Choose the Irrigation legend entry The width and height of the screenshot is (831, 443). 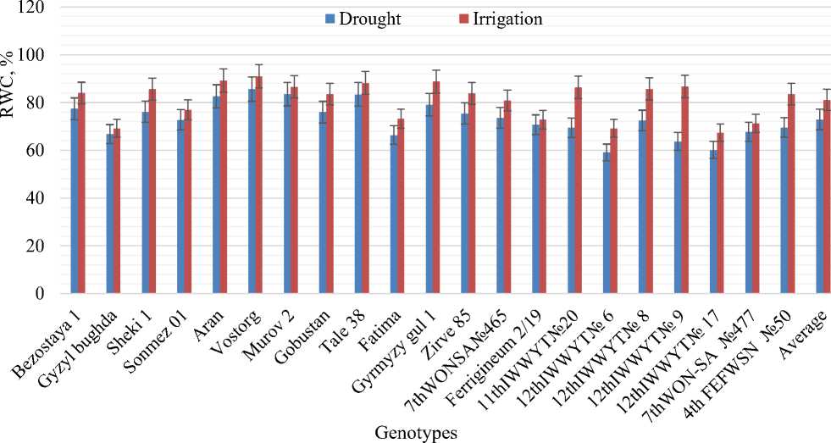[x=500, y=19]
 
